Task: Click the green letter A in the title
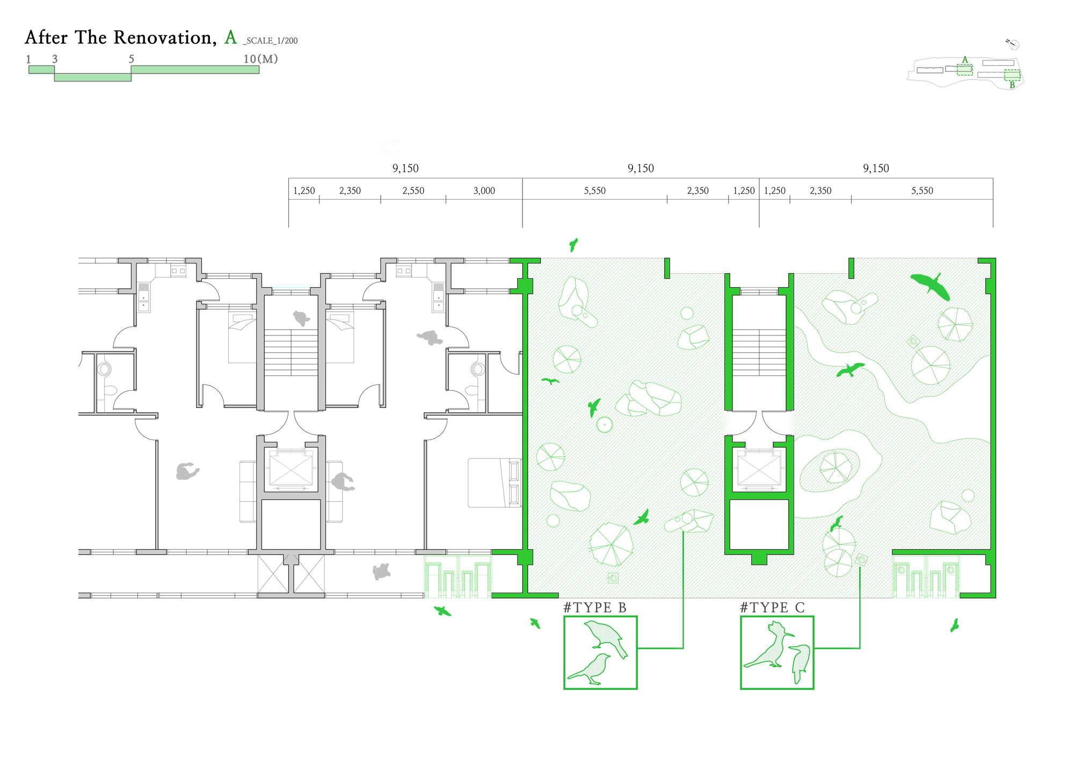(230, 37)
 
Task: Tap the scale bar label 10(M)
(260, 59)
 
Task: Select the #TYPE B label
(595, 608)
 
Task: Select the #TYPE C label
(772, 608)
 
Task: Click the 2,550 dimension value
(413, 191)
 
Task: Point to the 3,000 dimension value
(484, 191)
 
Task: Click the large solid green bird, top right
(930, 286)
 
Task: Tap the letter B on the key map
(1012, 85)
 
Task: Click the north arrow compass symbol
(1013, 44)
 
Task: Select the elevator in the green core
(759, 468)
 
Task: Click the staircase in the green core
(759, 352)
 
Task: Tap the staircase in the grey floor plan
(291, 352)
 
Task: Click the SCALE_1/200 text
(271, 41)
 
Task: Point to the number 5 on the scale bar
(131, 59)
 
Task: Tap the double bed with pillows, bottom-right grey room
(495, 483)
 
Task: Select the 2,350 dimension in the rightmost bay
(821, 191)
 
